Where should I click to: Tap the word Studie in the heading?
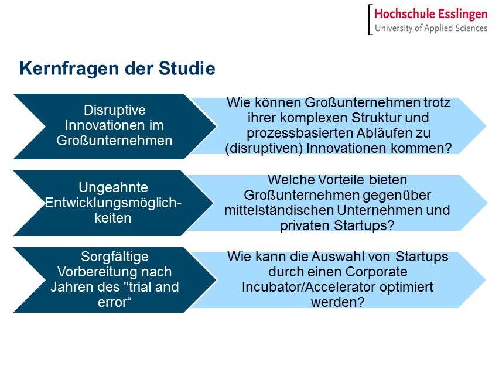(187, 68)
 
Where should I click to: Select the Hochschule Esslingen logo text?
(430, 14)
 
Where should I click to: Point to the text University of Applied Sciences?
(431, 28)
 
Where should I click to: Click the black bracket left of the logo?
(370, 19)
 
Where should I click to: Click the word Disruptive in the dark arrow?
(115, 110)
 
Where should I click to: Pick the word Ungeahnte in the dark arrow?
(113, 187)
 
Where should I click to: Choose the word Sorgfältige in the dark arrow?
(115, 257)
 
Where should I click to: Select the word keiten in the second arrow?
(113, 218)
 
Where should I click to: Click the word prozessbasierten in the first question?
(299, 134)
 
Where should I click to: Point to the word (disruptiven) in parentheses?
(264, 149)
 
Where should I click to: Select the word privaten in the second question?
(305, 226)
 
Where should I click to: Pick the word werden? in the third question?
(338, 302)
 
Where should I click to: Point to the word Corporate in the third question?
(376, 272)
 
